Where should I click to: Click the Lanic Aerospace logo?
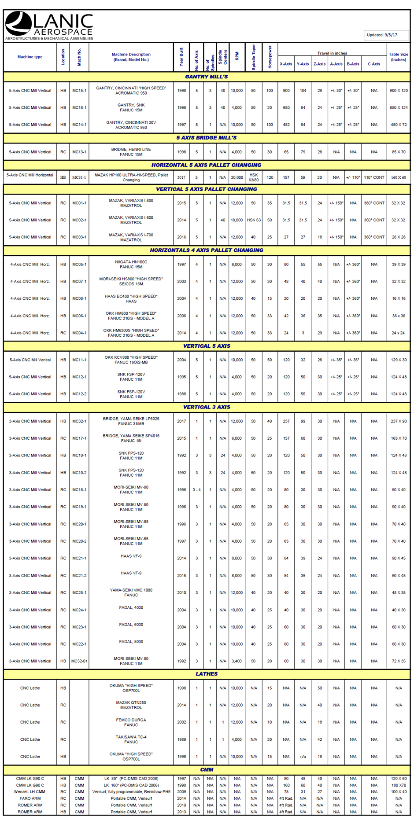pos(49,26)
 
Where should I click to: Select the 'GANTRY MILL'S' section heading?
pos(206,77)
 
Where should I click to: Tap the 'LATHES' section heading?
pos(206,674)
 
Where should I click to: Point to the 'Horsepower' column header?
pos(270,57)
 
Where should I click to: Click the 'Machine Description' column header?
pos(131,57)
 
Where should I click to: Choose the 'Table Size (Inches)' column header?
pos(398,57)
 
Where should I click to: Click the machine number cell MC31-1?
pos(79,178)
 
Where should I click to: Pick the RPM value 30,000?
pos(237,178)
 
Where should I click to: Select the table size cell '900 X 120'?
pos(398,91)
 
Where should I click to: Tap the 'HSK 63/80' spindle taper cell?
pos(254,177)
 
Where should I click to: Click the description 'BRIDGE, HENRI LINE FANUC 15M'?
pos(131,152)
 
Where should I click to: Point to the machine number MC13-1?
pos(79,152)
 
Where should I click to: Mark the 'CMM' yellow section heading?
pos(206,770)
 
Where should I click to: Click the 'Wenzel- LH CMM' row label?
pos(30,792)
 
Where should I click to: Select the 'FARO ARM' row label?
pos(30,798)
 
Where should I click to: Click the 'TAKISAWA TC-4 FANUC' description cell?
pos(131,739)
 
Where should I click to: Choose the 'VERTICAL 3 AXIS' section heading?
pos(206,407)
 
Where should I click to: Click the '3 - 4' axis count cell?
pos(196,490)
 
